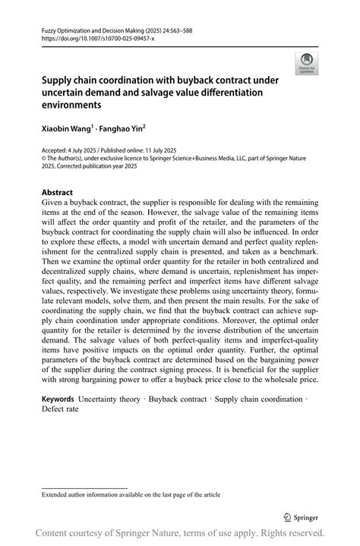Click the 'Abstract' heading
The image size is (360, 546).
pyautogui.click(x=58, y=193)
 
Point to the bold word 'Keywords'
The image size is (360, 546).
pyautogui.click(x=58, y=399)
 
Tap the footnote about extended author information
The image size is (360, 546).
pyautogui.click(x=131, y=494)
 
